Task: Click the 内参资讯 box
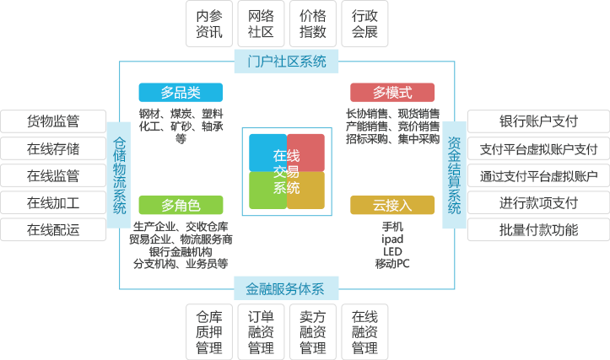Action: click(209, 24)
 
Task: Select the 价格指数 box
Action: click(313, 24)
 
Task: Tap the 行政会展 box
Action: click(364, 24)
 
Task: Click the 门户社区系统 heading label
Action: click(286, 62)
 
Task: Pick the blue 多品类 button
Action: click(181, 93)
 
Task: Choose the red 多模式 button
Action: click(392, 93)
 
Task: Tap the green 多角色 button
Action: click(181, 205)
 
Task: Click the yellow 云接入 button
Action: click(392, 205)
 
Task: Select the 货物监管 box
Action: click(53, 121)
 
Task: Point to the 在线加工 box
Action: click(53, 202)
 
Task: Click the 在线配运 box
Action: click(53, 230)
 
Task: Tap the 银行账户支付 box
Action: click(538, 121)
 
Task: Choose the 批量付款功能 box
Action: click(538, 230)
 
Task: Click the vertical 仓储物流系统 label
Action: click(119, 175)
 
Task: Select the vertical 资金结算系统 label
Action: click(455, 175)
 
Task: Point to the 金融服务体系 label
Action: click(286, 288)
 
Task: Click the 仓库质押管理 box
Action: click(209, 332)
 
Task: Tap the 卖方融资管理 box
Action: click(313, 332)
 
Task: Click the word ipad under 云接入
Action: click(392, 239)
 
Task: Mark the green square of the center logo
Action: click(267, 191)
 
